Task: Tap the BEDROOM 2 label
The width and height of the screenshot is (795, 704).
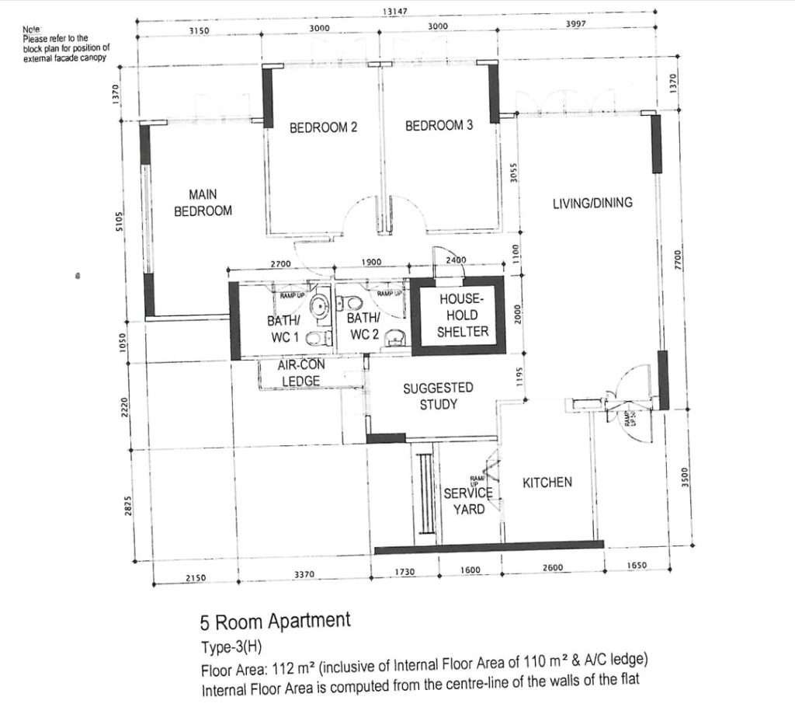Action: pos(323,127)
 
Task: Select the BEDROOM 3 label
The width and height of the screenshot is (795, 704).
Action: pos(439,125)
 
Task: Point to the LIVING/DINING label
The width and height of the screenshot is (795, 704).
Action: pos(592,203)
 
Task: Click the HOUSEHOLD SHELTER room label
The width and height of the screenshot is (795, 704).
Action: pos(461,315)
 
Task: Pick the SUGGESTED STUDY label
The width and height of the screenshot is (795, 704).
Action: pos(438,396)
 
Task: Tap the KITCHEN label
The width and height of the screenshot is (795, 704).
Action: pos(547,483)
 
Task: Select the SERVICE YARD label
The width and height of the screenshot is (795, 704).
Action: pos(468,501)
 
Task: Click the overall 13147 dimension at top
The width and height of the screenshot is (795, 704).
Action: pos(395,11)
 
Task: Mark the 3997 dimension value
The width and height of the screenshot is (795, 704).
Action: pos(575,25)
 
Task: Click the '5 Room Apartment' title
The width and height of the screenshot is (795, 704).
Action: pos(275,621)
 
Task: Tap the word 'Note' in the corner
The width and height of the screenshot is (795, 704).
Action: pos(31,29)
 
